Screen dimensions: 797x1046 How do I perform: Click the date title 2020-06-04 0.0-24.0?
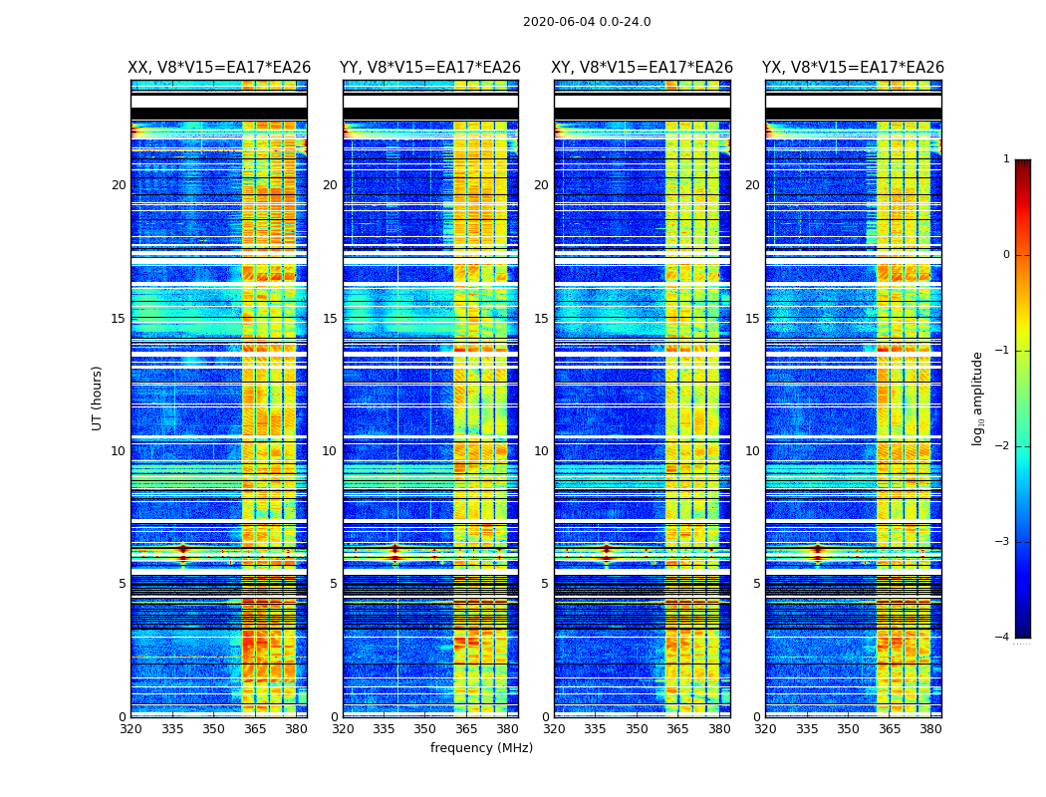587,22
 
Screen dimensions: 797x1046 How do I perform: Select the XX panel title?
219,68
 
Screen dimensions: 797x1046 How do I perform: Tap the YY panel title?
430,68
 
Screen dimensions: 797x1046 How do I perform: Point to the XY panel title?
643,68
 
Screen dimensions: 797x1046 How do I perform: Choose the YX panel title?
853,68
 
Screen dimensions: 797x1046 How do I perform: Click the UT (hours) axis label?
98,398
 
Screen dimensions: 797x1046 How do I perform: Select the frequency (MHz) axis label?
481,748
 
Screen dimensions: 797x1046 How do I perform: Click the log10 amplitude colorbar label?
978,398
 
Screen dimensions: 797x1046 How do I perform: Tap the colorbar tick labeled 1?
1006,159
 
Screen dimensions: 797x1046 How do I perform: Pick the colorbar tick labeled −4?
1003,638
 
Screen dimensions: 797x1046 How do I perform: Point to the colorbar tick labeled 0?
1006,255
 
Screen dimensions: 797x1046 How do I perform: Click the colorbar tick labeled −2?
1003,446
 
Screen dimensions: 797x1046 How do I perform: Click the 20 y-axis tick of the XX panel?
119,185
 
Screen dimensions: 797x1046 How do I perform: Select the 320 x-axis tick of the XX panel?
131,728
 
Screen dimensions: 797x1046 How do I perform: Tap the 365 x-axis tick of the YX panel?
890,728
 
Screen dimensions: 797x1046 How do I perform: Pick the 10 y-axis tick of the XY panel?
541,451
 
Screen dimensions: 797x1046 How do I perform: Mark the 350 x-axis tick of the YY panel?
425,728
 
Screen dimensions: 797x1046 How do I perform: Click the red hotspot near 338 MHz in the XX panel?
182,549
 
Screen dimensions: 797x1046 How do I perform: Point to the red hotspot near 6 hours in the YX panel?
818,549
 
